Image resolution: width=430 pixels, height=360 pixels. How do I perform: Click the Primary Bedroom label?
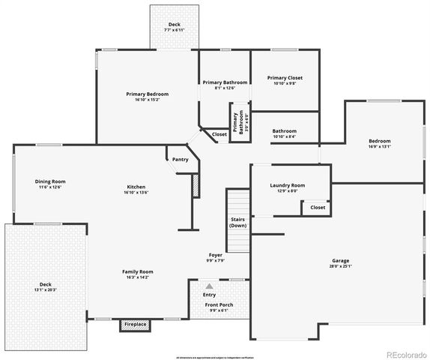pyautogui.click(x=147, y=94)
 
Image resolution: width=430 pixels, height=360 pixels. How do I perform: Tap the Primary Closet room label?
pyautogui.click(x=285, y=78)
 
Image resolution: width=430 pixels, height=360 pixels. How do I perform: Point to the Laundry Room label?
pyautogui.click(x=288, y=185)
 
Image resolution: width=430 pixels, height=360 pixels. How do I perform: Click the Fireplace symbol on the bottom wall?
pyautogui.click(x=136, y=324)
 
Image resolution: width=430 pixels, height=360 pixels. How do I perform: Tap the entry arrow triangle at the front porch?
pyautogui.click(x=210, y=286)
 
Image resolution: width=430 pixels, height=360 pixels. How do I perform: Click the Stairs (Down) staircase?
pyautogui.click(x=238, y=220)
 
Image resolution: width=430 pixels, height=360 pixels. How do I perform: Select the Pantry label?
pyautogui.click(x=180, y=159)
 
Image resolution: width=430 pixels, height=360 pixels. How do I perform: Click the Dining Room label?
pyautogui.click(x=50, y=181)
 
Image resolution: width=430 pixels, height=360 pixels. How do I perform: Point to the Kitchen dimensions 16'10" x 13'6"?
pyautogui.click(x=136, y=193)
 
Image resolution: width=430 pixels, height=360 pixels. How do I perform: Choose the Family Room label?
pyautogui.click(x=138, y=271)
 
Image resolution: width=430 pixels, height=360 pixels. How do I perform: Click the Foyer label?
pyautogui.click(x=215, y=256)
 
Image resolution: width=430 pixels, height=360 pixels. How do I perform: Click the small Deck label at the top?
pyautogui.click(x=175, y=25)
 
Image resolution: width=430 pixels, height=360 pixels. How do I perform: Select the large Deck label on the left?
pyautogui.click(x=46, y=284)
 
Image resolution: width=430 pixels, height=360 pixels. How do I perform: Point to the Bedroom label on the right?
pyautogui.click(x=379, y=141)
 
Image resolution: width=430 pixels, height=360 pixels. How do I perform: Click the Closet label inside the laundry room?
pyautogui.click(x=318, y=207)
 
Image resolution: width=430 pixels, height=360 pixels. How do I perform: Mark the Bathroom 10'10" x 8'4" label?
pyautogui.click(x=284, y=131)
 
